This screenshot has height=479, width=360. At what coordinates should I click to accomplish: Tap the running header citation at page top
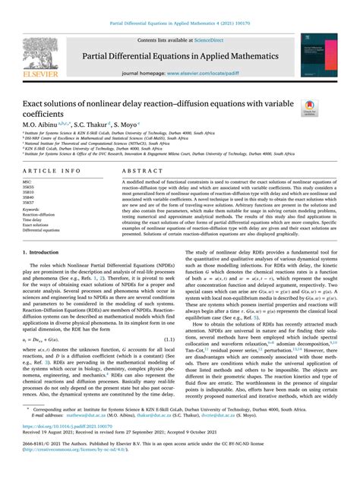click(180, 6)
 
